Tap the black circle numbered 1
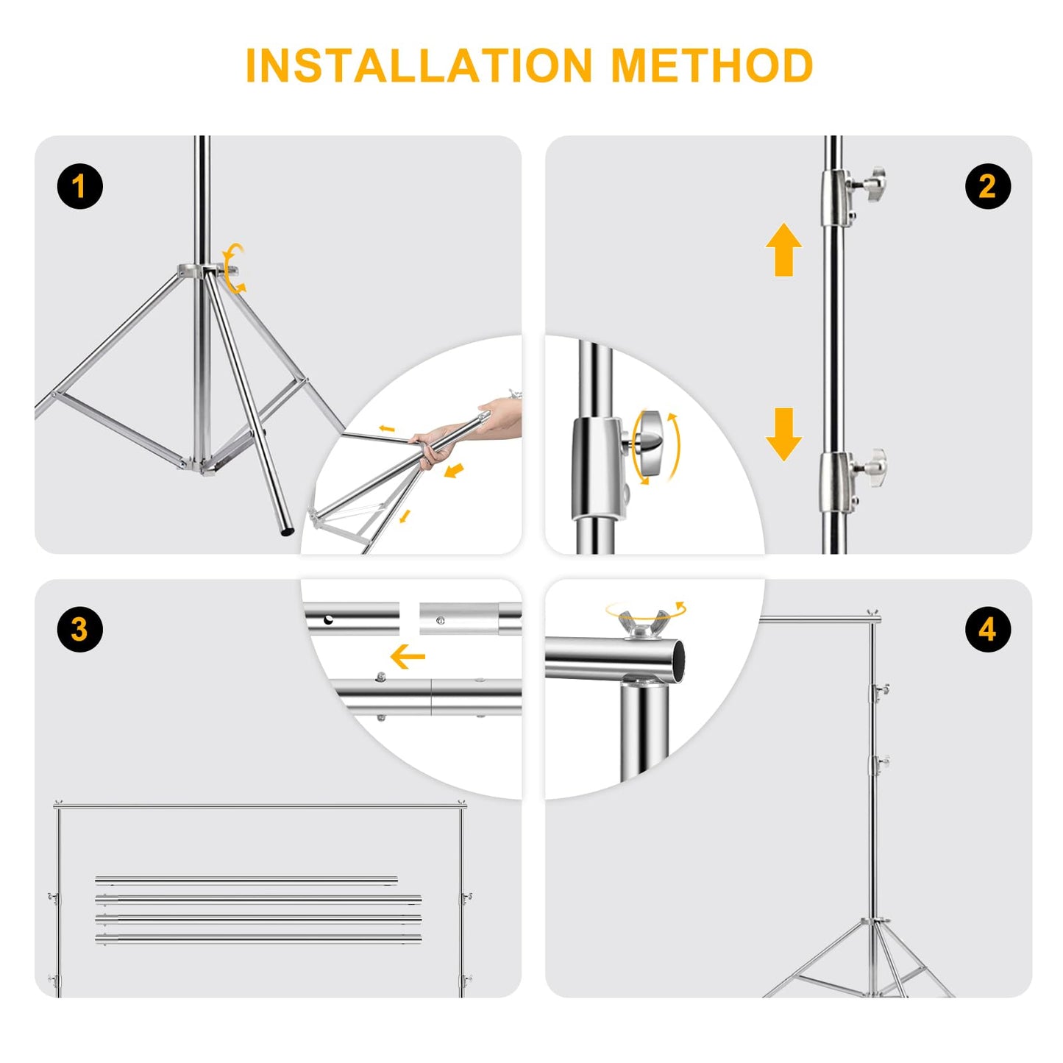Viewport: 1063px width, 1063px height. pos(80,186)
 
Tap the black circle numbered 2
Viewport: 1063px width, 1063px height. pos(988,186)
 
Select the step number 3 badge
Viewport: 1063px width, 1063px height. pos(80,629)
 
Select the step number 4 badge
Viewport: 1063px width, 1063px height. pos(988,629)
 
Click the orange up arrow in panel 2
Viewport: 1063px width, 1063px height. pos(784,249)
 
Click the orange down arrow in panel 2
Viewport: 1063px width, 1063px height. pos(784,434)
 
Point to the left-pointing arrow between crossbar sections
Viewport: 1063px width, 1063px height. pos(408,656)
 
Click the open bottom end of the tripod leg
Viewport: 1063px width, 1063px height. pos(287,533)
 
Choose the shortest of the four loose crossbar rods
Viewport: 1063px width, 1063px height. pos(246,880)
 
